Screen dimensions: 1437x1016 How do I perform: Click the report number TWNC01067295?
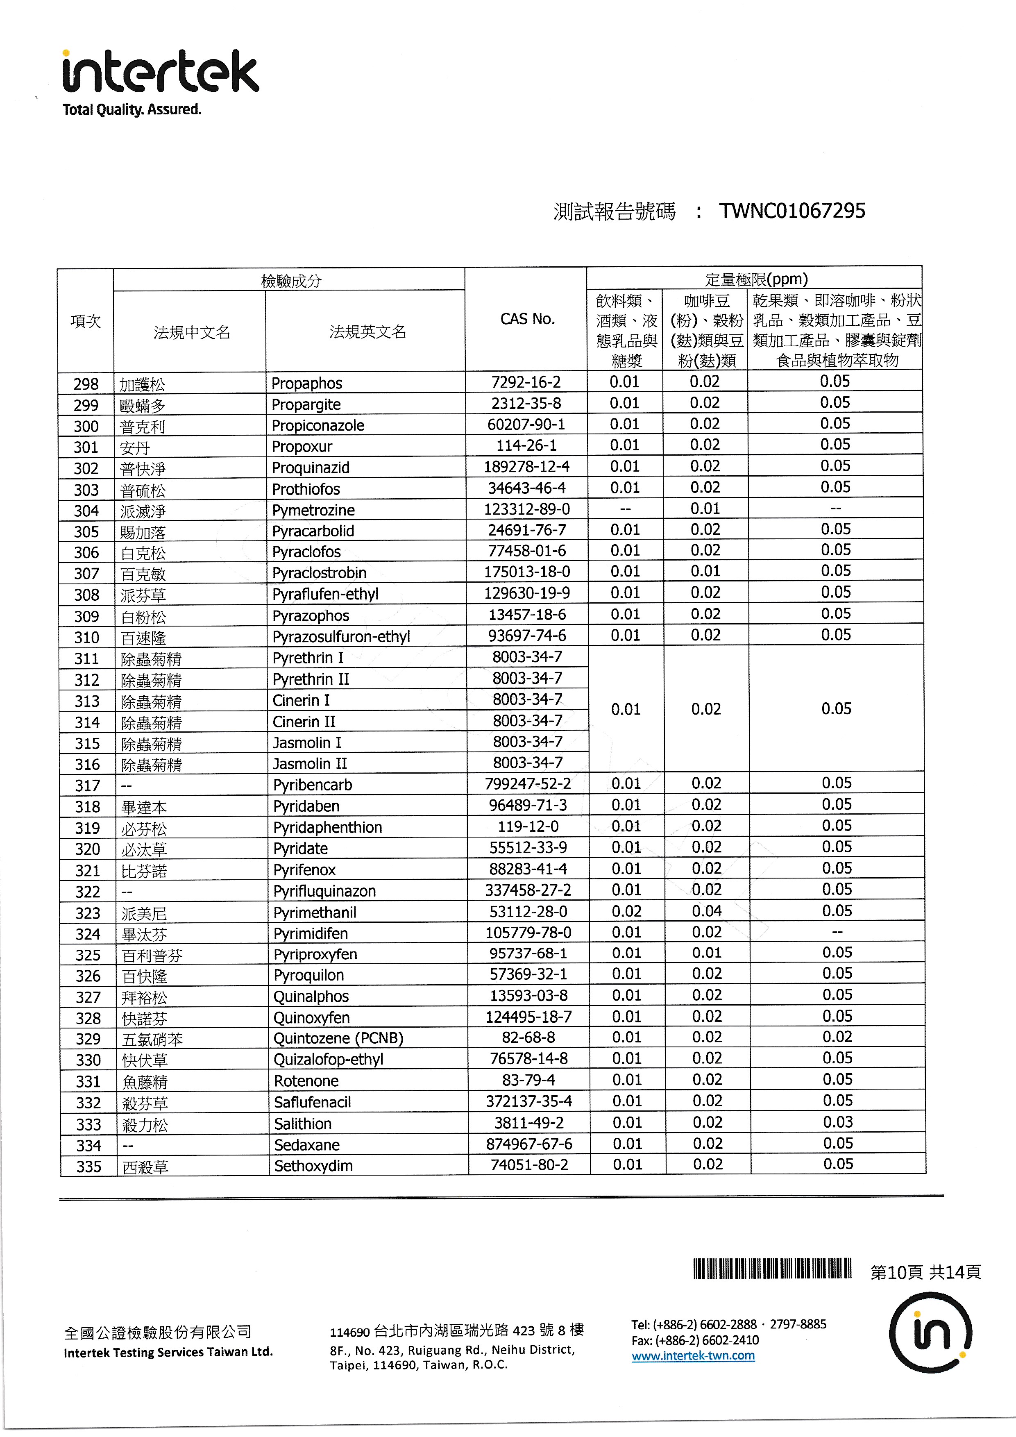[791, 211]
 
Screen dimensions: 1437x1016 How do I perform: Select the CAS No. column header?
[527, 319]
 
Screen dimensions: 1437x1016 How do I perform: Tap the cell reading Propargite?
[306, 404]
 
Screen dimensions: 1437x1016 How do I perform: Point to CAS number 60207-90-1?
[526, 425]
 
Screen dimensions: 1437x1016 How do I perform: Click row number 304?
[86, 511]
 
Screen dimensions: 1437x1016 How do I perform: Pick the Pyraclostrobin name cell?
[319, 573]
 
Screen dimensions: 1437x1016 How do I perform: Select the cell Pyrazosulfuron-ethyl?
[341, 636]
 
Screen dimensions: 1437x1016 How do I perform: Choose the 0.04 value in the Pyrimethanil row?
[706, 911]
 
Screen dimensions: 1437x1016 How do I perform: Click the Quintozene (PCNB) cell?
[338, 1038]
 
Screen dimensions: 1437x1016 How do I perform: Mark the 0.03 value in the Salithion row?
[838, 1122]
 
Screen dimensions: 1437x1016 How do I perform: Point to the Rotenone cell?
[306, 1081]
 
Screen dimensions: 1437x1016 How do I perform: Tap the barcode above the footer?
[772, 1269]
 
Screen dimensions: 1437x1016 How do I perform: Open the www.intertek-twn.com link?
[692, 1355]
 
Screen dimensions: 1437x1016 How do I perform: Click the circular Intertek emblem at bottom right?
[930, 1333]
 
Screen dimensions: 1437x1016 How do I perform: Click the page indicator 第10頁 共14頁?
[925, 1272]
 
